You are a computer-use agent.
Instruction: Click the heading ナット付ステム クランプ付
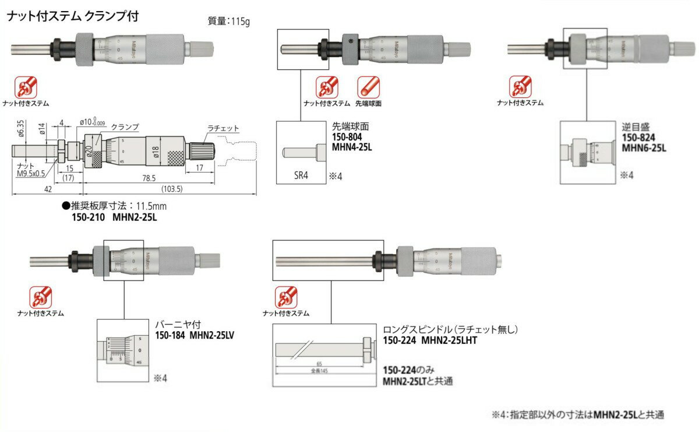click(72, 16)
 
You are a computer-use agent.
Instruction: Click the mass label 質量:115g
click(229, 22)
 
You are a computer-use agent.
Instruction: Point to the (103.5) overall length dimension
click(170, 189)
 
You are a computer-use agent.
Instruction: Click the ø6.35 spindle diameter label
click(21, 130)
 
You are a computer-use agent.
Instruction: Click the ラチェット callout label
click(224, 128)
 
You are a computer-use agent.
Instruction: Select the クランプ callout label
click(125, 127)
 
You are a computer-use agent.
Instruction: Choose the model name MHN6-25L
click(644, 147)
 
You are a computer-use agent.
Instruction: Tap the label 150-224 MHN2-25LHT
click(430, 340)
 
